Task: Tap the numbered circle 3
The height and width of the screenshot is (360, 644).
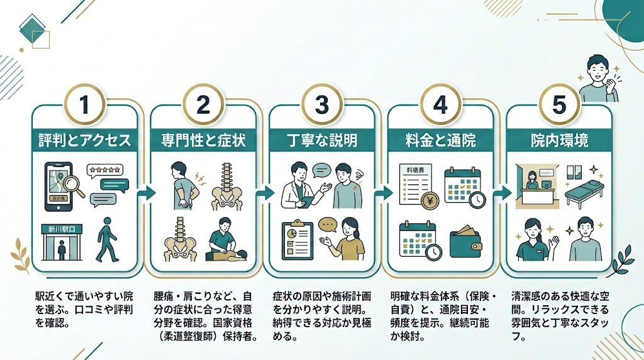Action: pyautogui.click(x=321, y=104)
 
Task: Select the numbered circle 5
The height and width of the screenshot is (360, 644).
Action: pyautogui.click(x=558, y=104)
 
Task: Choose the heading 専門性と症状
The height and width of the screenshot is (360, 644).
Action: pyautogui.click(x=203, y=140)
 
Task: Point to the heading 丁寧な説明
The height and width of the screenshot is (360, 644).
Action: pyautogui.click(x=321, y=140)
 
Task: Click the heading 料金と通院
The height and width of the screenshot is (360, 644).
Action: pyautogui.click(x=440, y=140)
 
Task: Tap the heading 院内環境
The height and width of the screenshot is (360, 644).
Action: pyautogui.click(x=558, y=140)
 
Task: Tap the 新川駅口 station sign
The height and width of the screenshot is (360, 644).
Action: pyautogui.click(x=62, y=229)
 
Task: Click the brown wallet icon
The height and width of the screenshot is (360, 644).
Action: pyautogui.click(x=465, y=243)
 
